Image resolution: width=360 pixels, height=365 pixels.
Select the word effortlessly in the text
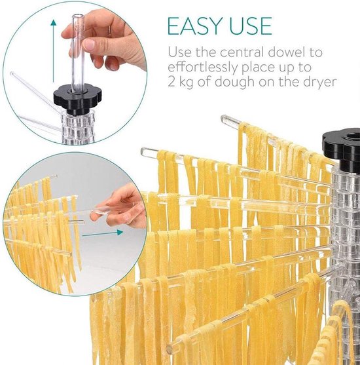coord(202,67)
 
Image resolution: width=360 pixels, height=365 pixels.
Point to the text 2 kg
coord(180,83)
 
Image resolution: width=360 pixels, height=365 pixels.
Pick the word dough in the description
coord(234,83)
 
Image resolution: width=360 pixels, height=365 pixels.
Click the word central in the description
coord(242,52)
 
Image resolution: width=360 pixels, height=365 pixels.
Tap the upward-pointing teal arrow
coord(54,50)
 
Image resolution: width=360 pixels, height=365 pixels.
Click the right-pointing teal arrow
coord(103,233)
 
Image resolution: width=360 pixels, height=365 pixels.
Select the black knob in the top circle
coord(78,99)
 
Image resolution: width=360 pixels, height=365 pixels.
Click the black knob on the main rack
coord(342,150)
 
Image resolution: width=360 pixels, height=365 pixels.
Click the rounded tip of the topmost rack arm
coord(225,119)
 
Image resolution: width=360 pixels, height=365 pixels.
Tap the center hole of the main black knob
coord(353,136)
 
